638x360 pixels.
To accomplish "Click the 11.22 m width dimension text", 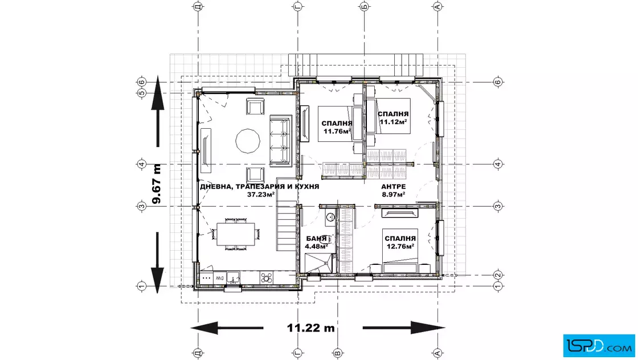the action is pyautogui.click(x=311, y=328).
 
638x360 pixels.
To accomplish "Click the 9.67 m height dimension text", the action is pyautogui.click(x=157, y=183).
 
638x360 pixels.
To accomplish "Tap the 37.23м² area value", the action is pyautogui.click(x=261, y=194).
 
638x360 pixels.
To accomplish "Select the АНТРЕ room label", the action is pyautogui.click(x=394, y=187).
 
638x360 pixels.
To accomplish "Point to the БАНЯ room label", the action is pyautogui.click(x=316, y=239).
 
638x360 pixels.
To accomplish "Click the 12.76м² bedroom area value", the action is pyautogui.click(x=401, y=246).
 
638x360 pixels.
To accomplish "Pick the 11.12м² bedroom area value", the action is pyautogui.click(x=394, y=122).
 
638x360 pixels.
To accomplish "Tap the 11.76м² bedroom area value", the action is pyautogui.click(x=337, y=131).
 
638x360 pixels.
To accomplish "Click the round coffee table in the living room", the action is pyautogui.click(x=248, y=141).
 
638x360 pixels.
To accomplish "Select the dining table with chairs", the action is pyautogui.click(x=236, y=234).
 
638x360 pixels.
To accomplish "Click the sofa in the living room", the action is pyautogui.click(x=281, y=141).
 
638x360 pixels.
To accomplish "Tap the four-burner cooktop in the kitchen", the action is pyautogui.click(x=267, y=278).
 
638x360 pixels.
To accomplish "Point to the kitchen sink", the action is pyautogui.click(x=233, y=278).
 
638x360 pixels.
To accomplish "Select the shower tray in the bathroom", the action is pyautogui.click(x=318, y=263).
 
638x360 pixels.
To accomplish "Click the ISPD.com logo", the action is pyautogui.click(x=599, y=346).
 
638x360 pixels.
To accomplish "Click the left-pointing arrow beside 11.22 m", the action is pyautogui.click(x=227, y=328).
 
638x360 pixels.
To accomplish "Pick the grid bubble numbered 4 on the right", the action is pyautogui.click(x=498, y=165).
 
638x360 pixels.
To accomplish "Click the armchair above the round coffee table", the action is pyautogui.click(x=255, y=107).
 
